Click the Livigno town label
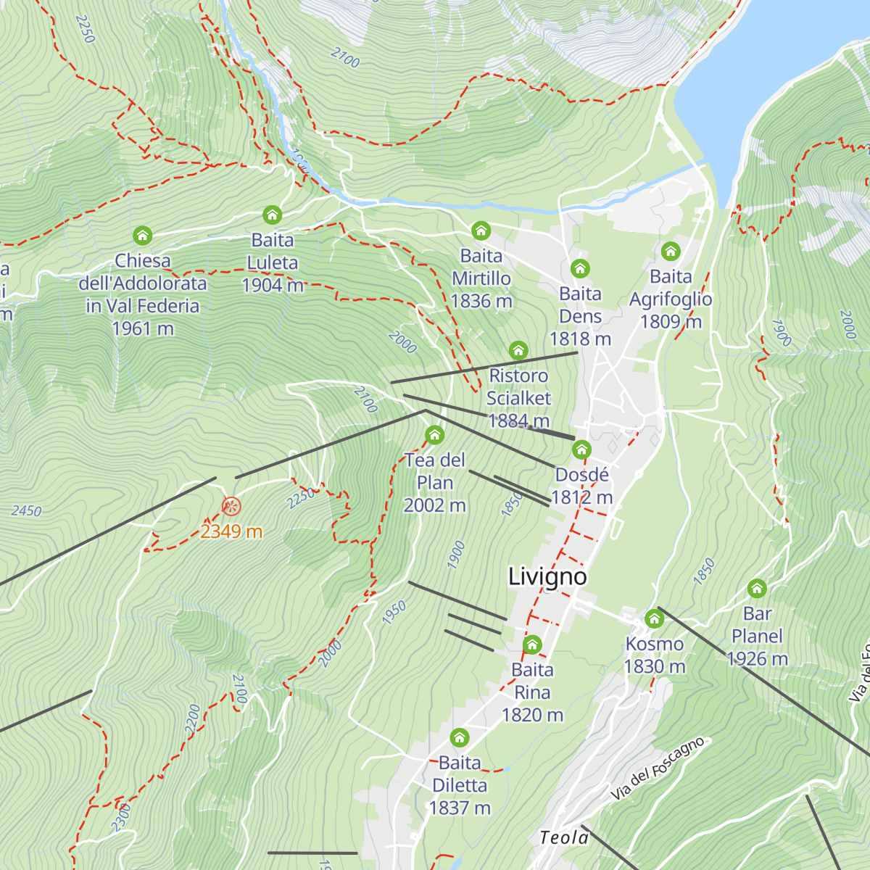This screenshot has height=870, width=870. coord(547,577)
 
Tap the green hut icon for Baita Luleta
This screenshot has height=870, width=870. coord(272,215)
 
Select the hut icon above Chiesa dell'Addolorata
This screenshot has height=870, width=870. coord(143,236)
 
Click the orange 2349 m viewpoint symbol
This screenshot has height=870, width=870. coord(231,506)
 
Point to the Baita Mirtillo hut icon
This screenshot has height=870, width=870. coord(481,231)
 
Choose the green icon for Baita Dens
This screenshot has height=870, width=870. coord(579,269)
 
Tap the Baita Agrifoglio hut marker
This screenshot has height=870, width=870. coord(671,252)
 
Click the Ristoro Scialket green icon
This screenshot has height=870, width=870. coord(518,351)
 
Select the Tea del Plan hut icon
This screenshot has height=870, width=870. coord(434,435)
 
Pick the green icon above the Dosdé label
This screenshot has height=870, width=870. coord(581,450)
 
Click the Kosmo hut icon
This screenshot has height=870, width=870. coord(655,619)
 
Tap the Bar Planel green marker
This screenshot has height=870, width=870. coord(757,589)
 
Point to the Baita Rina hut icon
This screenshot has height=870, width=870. coord(532,645)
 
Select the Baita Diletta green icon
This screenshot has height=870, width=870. coord(459,738)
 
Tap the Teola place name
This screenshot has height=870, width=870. coord(564,838)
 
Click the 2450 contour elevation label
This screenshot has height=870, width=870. coord(27,511)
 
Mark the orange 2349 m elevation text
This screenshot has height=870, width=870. coord(231,531)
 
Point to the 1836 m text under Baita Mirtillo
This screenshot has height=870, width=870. coord(481,301)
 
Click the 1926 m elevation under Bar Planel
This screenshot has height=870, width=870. coord(757,659)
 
